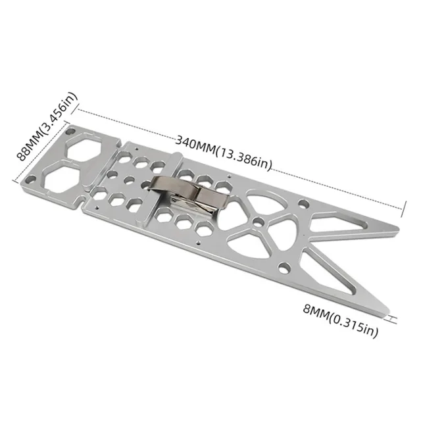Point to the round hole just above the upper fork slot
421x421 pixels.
302,205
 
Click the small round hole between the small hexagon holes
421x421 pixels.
130,179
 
